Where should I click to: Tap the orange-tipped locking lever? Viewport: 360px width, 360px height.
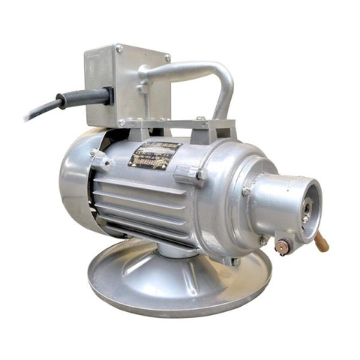321,242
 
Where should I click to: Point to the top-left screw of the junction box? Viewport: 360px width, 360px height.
118,49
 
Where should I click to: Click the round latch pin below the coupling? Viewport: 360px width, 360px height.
283,247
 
